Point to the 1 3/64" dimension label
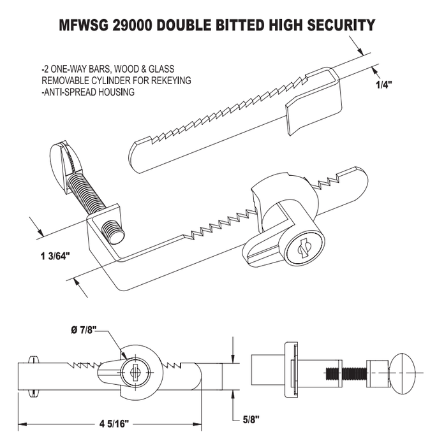[x=54, y=255]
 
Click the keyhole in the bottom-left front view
[x=135, y=371]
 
